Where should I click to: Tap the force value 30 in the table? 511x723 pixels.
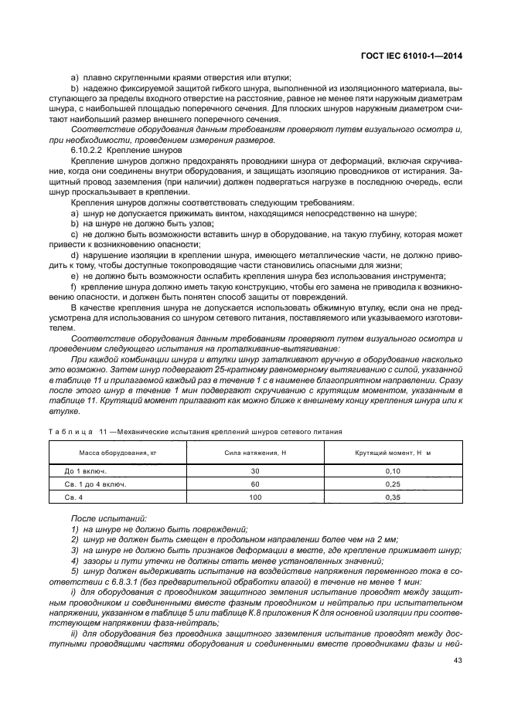pyautogui.click(x=255, y=470)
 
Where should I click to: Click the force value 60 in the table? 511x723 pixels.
pyautogui.click(x=255, y=484)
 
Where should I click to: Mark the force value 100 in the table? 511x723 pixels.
pyautogui.click(x=255, y=498)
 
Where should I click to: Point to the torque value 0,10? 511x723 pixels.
pyautogui.click(x=393, y=470)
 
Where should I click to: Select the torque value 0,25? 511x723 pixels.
pyautogui.click(x=393, y=484)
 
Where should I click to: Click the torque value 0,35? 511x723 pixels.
pyautogui.click(x=393, y=498)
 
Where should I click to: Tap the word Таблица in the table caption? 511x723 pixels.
pyautogui.click(x=70, y=431)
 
